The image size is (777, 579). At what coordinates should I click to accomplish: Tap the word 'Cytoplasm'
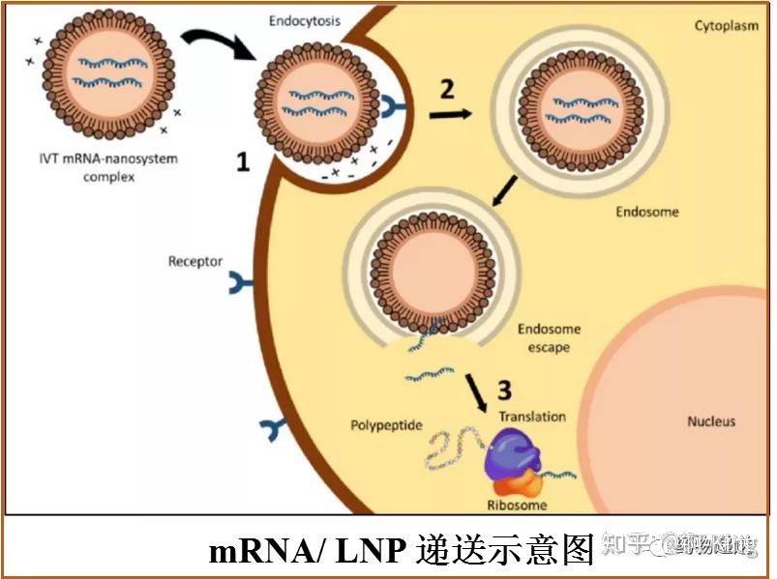726,25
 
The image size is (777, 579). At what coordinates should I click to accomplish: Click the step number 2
447,89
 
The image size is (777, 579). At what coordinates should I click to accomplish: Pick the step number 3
504,390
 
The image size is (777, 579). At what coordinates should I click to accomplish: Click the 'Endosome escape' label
550,337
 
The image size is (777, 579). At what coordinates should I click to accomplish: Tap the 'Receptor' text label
194,262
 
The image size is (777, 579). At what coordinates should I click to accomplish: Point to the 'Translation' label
532,417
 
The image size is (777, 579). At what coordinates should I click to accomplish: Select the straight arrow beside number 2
450,113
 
